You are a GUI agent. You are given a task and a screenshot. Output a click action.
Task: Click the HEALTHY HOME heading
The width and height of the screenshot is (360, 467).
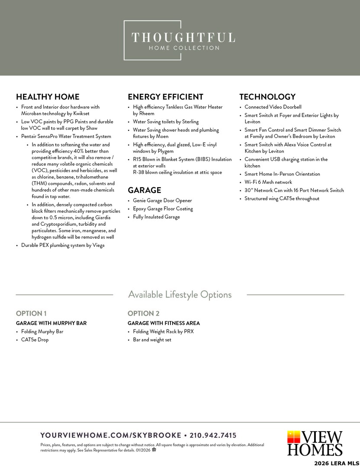coord(48,97)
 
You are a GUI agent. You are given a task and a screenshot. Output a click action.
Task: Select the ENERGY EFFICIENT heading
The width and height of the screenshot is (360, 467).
coord(165,97)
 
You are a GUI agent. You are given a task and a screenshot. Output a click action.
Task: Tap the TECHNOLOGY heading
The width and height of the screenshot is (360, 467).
coord(267,97)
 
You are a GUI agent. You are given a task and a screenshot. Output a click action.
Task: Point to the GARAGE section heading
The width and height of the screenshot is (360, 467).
coord(144,190)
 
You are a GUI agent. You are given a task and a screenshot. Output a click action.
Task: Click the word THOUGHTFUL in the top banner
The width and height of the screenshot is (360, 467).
coord(183,38)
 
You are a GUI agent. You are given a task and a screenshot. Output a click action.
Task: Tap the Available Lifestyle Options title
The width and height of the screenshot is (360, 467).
coord(180,295)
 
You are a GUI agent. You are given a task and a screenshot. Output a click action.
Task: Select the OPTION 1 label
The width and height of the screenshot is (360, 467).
coord(31,313)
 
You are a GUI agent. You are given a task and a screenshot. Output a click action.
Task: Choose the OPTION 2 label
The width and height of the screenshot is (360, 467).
coord(144,313)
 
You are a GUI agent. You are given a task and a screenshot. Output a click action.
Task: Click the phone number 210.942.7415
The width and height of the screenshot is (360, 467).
coord(213,435)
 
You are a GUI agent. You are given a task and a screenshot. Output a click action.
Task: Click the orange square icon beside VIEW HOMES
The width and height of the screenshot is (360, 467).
coord(293,437)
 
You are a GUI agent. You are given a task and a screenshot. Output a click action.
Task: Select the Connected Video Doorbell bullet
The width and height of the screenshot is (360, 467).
coord(273,107)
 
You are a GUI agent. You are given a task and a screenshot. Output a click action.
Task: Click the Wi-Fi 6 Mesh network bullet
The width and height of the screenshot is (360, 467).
coord(268,182)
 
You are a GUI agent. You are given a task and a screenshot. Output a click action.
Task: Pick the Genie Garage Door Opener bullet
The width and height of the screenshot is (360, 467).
coord(162,201)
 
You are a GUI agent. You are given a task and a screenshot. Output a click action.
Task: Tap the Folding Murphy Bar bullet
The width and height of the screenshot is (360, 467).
coord(42,332)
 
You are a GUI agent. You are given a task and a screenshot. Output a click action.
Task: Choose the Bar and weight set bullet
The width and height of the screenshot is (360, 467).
coord(152,340)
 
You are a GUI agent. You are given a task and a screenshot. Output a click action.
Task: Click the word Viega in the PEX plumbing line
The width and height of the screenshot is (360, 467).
coord(98,246)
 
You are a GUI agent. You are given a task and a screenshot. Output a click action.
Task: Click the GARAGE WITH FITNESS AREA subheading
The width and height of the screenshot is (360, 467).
coord(164,323)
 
